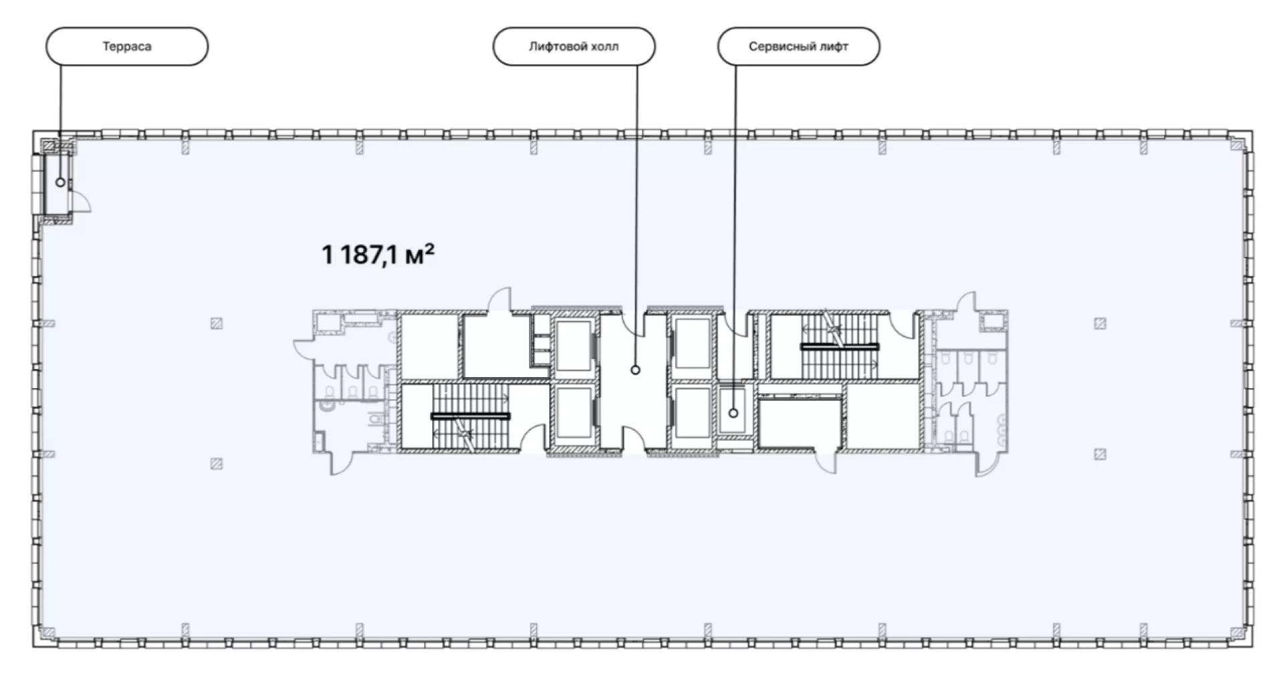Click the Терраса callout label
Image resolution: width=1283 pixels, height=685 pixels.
pyautogui.click(x=127, y=46)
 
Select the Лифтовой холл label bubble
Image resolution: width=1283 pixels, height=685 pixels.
pyautogui.click(x=574, y=46)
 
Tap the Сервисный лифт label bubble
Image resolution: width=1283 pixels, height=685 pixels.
pyautogui.click(x=799, y=46)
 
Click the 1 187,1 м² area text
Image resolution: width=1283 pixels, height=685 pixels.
pyautogui.click(x=378, y=254)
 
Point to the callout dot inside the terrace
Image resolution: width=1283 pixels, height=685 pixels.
pyautogui.click(x=60, y=182)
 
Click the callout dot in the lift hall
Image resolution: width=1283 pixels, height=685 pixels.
pyautogui.click(x=635, y=370)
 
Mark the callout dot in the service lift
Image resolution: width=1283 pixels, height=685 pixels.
pyautogui.click(x=733, y=413)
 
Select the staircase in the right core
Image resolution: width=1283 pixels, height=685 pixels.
pyautogui.click(x=839, y=347)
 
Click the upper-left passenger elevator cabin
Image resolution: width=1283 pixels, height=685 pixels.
pyautogui.click(x=573, y=345)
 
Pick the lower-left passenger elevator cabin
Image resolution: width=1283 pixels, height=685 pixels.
pyautogui.click(x=573, y=413)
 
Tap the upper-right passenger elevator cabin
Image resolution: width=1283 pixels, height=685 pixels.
pyautogui.click(x=692, y=344)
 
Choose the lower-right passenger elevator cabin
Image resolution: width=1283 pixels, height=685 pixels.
pyautogui.click(x=692, y=413)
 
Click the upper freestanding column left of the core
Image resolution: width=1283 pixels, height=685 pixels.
pyautogui.click(x=216, y=324)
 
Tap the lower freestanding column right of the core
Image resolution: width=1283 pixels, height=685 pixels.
pyautogui.click(x=1100, y=455)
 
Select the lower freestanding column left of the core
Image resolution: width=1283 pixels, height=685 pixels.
pyautogui.click(x=216, y=464)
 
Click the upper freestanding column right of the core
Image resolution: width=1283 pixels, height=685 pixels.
pyautogui.click(x=1100, y=324)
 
